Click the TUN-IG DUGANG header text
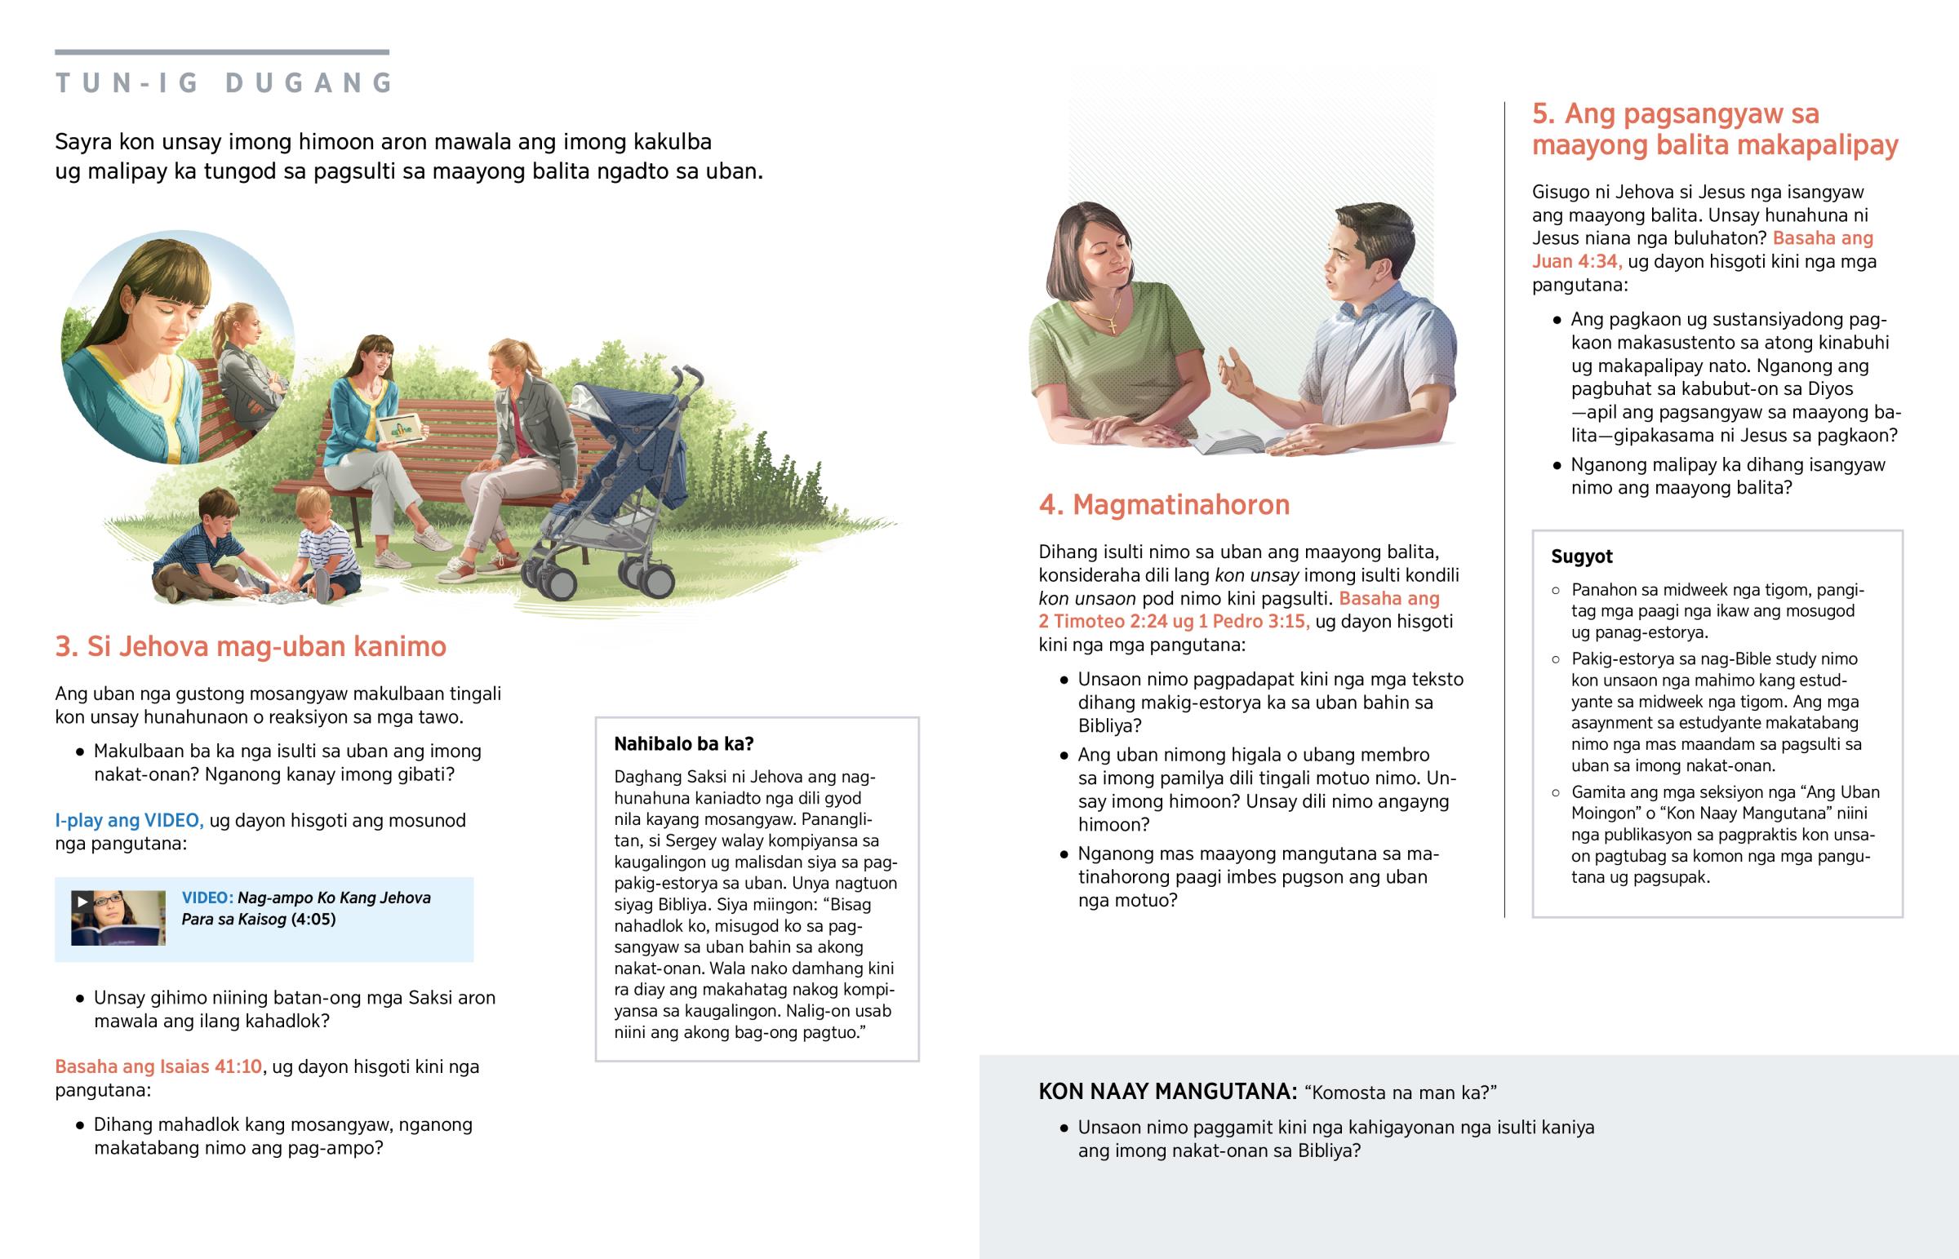click(x=224, y=82)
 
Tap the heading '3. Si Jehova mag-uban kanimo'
click(x=251, y=647)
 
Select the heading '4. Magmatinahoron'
click(x=1163, y=505)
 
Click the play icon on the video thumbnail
click(x=82, y=902)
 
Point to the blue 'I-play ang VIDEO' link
click(x=129, y=820)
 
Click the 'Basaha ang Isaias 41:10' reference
click(x=158, y=1067)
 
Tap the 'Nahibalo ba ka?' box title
click(x=683, y=744)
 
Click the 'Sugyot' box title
click(x=1581, y=556)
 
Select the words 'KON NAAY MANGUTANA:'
click(x=1166, y=1092)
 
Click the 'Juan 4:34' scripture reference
click(x=1575, y=262)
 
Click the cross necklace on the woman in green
click(x=1113, y=325)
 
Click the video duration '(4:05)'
click(x=313, y=919)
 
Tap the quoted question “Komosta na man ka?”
click(x=1400, y=1093)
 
